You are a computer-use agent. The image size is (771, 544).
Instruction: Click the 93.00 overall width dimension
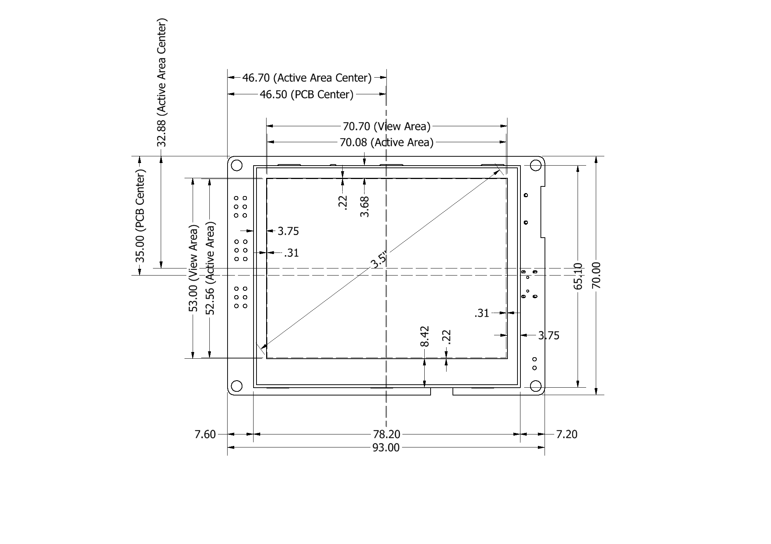[386, 448]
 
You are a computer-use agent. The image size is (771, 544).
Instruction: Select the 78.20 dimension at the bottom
[386, 434]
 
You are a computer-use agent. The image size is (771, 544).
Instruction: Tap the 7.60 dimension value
[205, 434]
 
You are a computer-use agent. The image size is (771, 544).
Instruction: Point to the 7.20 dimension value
[566, 434]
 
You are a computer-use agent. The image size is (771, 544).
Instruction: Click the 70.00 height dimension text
[596, 275]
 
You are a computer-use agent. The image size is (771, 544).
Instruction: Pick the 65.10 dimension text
[578, 276]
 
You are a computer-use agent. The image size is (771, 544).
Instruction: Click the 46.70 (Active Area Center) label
[307, 78]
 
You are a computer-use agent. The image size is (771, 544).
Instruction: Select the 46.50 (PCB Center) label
[307, 94]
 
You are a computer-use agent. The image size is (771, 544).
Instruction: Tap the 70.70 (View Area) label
[386, 126]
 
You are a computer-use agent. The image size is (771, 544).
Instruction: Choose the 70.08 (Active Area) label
[386, 142]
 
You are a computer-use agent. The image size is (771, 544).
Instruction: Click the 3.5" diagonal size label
[379, 260]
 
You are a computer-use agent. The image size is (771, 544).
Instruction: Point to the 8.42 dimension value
[425, 336]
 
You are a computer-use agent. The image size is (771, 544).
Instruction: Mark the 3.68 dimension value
[365, 206]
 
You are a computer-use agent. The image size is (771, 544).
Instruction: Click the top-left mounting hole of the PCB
[236, 165]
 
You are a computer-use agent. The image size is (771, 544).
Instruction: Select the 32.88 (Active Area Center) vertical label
[161, 82]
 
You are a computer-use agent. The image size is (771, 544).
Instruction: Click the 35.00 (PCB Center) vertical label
[140, 216]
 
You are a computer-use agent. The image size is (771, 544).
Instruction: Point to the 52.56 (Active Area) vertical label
[210, 268]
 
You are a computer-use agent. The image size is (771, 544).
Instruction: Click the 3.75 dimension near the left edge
[288, 231]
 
